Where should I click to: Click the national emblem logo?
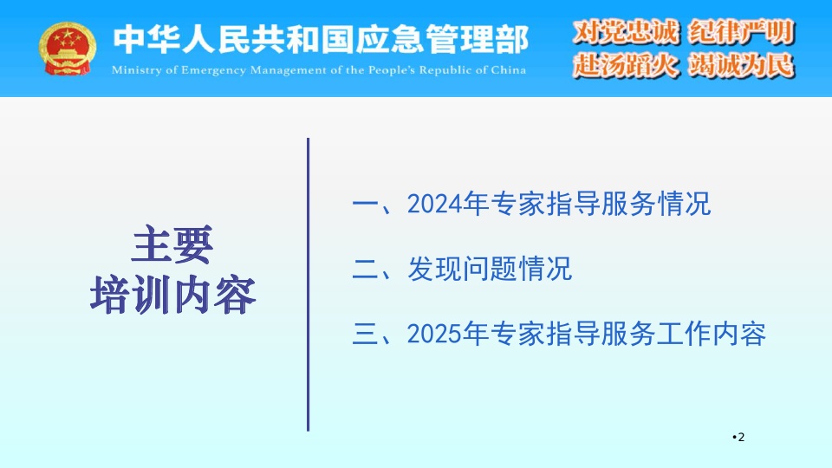coord(68,49)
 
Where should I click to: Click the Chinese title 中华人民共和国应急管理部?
coord(321,39)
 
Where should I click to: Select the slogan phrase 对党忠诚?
coord(626,31)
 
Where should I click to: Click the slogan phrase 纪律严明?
coord(741,32)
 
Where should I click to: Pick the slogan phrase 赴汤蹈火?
coord(626,65)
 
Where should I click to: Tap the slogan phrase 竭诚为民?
coord(741,66)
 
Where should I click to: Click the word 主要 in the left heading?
coord(172,244)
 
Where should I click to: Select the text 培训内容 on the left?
coord(173,295)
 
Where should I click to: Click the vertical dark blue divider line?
coord(308,284)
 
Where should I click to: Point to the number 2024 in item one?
coord(434,204)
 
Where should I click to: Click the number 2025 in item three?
coord(434,334)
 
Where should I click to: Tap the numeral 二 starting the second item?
coord(365,269)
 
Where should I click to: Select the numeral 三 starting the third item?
coord(365,334)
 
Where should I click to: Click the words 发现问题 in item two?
coord(462,269)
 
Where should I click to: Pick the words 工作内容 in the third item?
coord(711,334)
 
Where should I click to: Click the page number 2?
coord(741,437)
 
